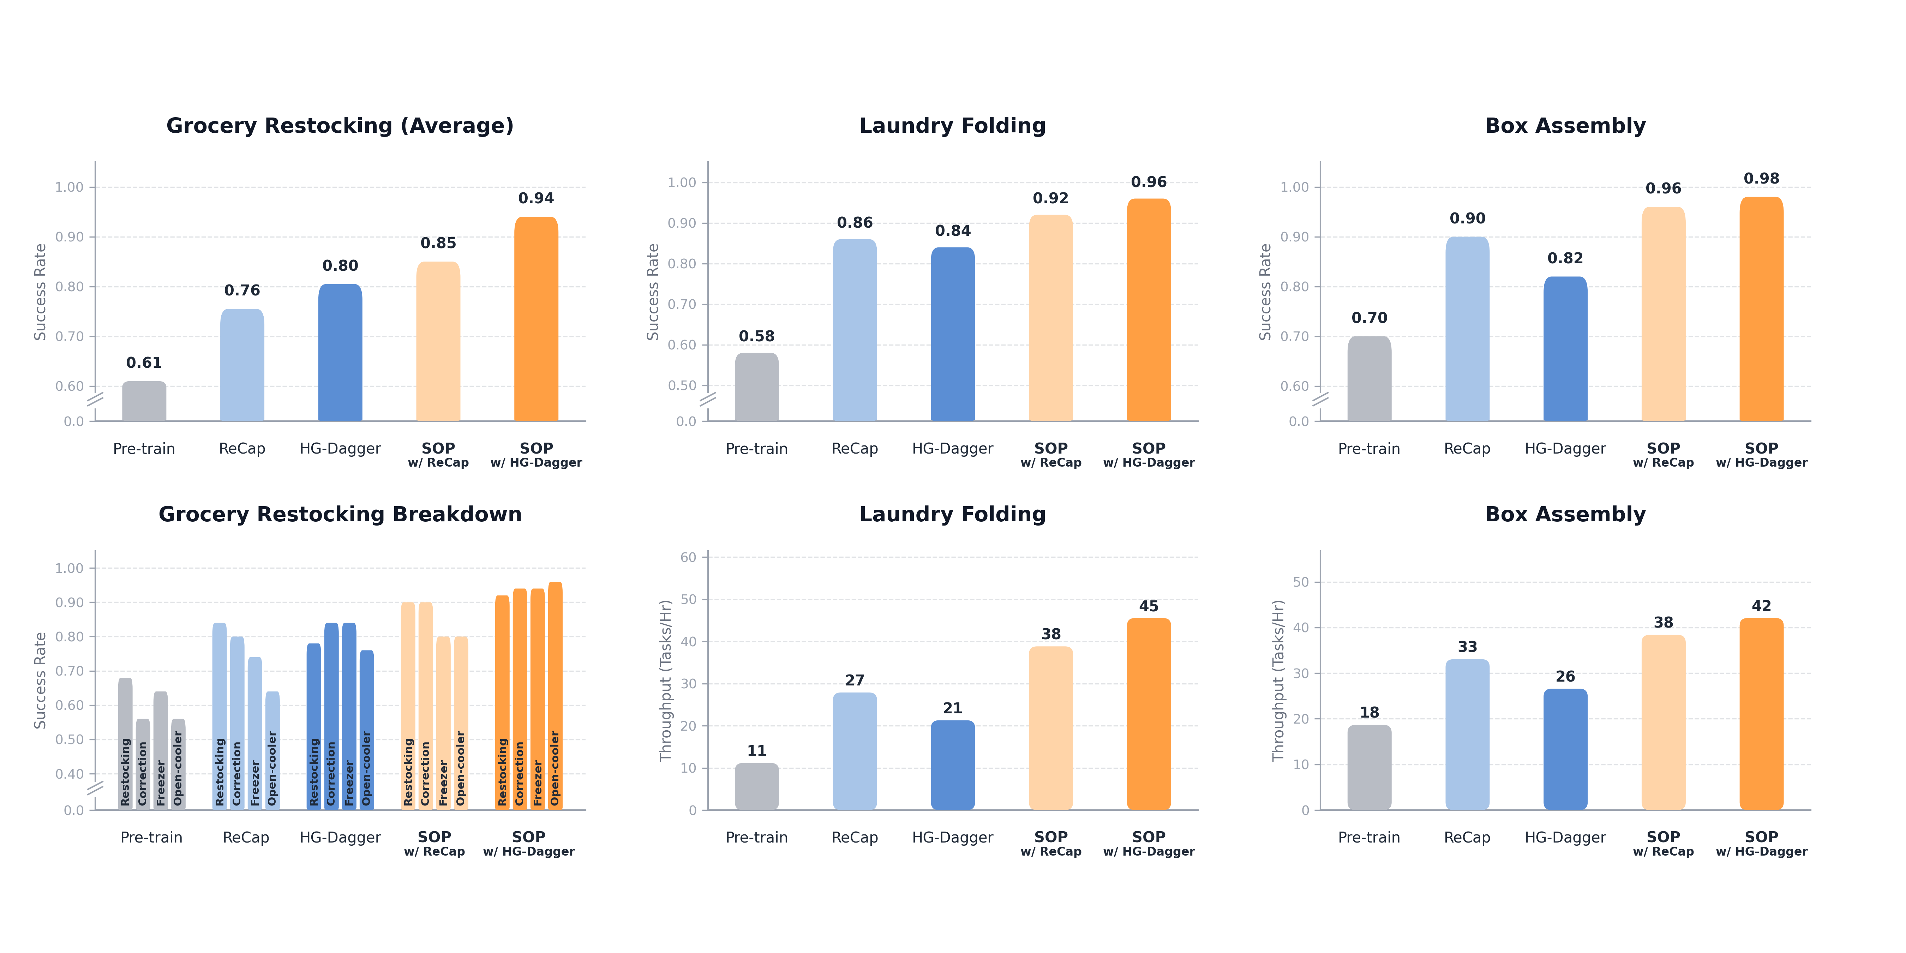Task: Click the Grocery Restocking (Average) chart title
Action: tap(340, 126)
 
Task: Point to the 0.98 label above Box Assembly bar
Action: tap(1761, 178)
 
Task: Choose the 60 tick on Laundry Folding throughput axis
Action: tap(688, 557)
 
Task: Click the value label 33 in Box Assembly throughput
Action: tap(1467, 647)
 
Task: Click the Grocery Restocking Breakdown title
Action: tap(340, 514)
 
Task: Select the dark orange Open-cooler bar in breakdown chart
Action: tap(555, 695)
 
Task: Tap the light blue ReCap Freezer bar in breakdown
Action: tap(254, 732)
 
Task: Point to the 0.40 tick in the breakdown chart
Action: tap(70, 774)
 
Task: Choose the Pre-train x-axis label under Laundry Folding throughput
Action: tap(756, 838)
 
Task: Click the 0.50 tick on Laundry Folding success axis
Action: tap(682, 385)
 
